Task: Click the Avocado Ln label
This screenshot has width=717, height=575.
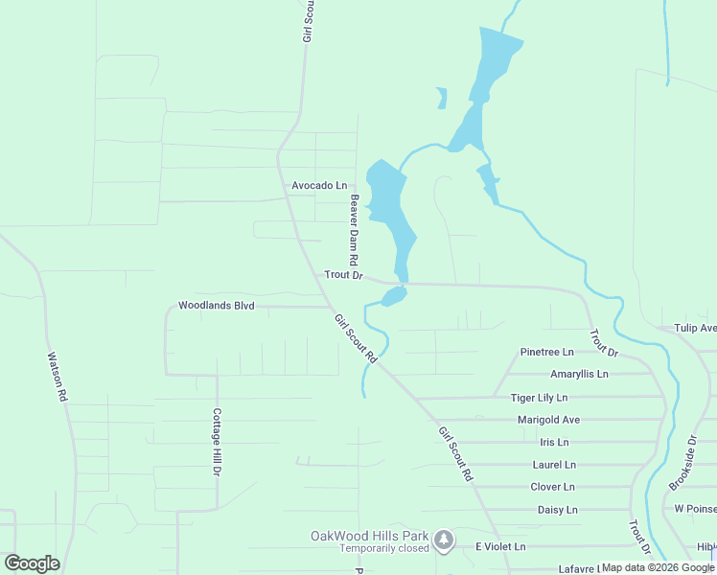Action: point(319,185)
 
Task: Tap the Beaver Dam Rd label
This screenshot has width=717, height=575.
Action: point(354,231)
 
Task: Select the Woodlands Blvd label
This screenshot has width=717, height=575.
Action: point(216,306)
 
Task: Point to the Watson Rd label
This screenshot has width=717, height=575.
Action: point(57,377)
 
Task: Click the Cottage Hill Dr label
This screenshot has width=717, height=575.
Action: point(217,443)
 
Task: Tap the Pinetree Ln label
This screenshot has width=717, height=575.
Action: point(546,352)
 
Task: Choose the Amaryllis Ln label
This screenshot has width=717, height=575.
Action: point(579,374)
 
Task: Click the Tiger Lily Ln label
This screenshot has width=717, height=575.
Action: point(539,397)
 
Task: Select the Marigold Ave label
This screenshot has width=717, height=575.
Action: point(548,420)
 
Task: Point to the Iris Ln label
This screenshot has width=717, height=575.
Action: point(554,442)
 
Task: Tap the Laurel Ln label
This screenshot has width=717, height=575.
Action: point(554,465)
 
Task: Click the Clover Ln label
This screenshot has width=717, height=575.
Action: point(552,487)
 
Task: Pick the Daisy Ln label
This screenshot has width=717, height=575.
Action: point(557,510)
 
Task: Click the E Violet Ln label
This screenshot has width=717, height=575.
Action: point(500,546)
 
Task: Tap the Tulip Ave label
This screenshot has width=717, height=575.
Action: point(694,328)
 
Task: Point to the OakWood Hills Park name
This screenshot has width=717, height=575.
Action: point(369,536)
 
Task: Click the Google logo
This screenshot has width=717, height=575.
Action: point(32,563)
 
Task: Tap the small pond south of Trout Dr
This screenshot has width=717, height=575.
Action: point(393,297)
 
